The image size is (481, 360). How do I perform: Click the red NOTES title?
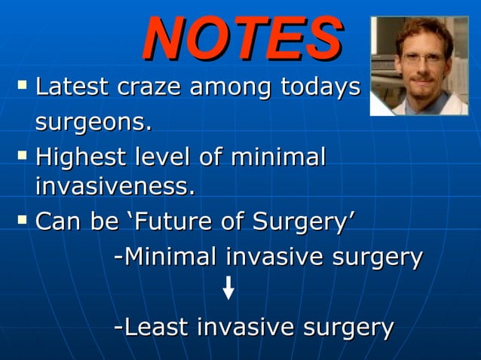[243, 37]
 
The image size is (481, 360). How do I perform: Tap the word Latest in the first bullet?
[72, 87]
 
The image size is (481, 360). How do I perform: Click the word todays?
[320, 87]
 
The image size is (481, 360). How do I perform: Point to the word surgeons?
[93, 121]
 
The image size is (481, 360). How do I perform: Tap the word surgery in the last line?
[348, 327]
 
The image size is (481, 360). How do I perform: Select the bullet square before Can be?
[22, 221]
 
